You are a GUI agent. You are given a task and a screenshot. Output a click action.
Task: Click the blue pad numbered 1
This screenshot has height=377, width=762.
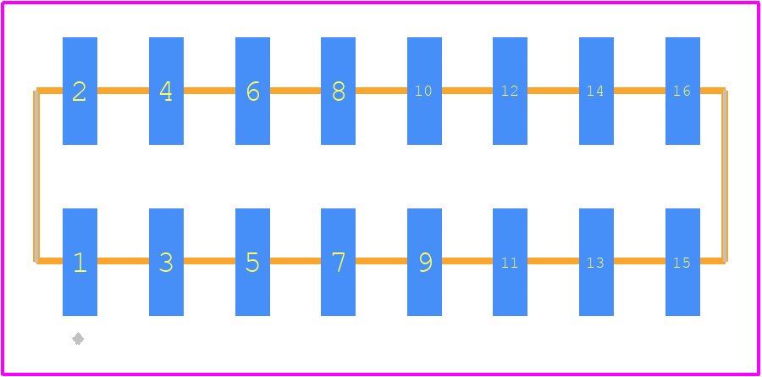tap(80, 262)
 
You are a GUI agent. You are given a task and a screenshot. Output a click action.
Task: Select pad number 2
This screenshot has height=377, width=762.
tap(80, 91)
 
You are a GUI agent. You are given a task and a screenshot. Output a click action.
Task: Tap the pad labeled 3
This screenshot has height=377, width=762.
tap(166, 262)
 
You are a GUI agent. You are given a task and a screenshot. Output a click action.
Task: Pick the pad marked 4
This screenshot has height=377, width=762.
tap(166, 91)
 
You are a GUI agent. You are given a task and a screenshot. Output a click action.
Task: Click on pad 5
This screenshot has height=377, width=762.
tap(252, 262)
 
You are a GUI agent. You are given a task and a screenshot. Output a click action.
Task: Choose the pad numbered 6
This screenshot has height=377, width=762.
tap(252, 91)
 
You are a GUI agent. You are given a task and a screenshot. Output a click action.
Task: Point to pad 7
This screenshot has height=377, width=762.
tap(338, 262)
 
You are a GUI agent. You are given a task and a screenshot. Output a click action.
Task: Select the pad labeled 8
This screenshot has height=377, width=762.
tap(338, 91)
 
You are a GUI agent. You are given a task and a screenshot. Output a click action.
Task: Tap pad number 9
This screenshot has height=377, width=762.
tap(425, 262)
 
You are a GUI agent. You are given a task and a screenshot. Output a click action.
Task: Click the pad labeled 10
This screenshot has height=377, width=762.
tap(425, 91)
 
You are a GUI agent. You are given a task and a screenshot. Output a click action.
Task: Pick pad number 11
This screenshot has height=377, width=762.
tap(511, 262)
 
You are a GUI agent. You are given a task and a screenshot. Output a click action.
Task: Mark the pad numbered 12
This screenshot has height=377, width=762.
tap(511, 91)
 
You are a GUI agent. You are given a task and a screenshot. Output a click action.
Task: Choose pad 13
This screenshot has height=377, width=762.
tap(596, 262)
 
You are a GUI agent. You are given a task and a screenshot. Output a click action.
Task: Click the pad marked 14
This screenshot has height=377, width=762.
tap(596, 91)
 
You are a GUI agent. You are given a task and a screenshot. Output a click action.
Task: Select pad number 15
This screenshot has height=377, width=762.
tap(682, 262)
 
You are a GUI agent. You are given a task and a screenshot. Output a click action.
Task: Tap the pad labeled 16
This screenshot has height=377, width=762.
tap(682, 91)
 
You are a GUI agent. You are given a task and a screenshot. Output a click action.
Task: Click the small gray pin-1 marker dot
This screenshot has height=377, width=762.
tap(78, 339)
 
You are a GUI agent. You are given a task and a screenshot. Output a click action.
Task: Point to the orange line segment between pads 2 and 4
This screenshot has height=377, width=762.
tap(123, 91)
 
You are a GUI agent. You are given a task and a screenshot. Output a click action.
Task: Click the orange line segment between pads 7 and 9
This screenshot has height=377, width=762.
tap(382, 261)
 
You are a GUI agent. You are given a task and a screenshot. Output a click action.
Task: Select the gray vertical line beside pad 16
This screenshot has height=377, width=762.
tap(725, 175)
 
